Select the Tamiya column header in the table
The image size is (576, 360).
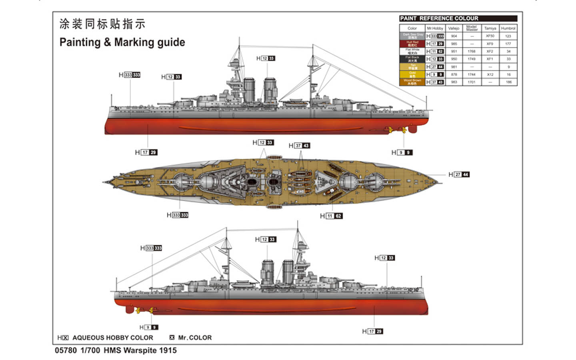pos(490,28)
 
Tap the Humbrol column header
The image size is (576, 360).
pos(508,28)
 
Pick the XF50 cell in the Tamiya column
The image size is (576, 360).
pos(490,36)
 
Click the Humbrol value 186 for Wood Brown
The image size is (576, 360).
pos(508,82)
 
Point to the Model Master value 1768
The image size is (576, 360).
pos(472,51)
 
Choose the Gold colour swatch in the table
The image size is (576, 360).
pos(412,74)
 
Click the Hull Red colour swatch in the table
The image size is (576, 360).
pos(412,44)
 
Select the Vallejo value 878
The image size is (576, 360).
pos(454,74)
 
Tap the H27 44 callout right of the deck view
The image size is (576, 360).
pos(459,174)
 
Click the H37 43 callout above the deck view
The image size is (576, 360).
pos(299,146)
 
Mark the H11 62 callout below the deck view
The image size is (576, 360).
pos(331,216)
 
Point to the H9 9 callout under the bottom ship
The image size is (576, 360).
pos(149,327)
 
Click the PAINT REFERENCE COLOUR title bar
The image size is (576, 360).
pos(458,18)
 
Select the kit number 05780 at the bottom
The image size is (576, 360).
pos(66,350)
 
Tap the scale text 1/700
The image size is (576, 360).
pos(90,350)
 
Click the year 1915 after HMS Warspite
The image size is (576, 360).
pos(168,350)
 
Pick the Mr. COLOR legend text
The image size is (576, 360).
pos(194,338)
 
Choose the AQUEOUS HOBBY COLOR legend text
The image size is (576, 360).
pos(112,338)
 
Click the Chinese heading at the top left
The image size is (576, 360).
pos(102,24)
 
